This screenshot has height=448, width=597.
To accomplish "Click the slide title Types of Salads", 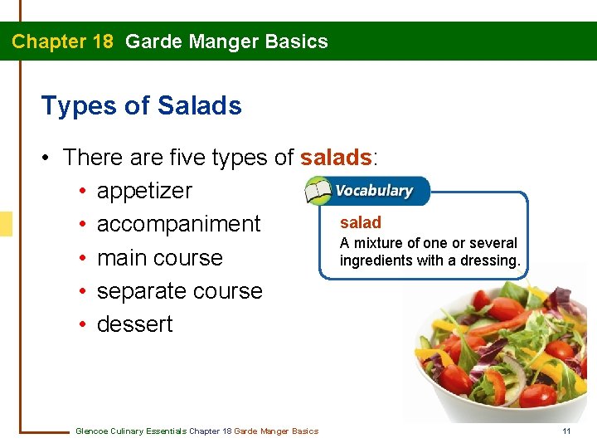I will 141,106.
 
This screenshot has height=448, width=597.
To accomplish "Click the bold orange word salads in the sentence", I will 337,158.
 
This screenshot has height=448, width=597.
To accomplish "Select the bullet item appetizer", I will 144,191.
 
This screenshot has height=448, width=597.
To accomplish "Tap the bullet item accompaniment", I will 178,224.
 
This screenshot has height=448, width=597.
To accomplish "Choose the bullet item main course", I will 159,258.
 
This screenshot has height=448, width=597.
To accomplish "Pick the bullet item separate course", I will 179,291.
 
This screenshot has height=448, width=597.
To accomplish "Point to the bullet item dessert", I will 134,324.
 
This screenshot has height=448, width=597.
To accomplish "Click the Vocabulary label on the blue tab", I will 373,191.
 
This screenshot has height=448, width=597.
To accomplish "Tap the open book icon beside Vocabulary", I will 318,192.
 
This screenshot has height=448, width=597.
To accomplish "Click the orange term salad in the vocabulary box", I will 361,222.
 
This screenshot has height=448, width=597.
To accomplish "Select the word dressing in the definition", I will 492,261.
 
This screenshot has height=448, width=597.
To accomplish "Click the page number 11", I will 566,431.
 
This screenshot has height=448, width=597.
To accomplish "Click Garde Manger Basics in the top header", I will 226,41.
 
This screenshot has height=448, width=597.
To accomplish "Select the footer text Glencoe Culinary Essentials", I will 131,431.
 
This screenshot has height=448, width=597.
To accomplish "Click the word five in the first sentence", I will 190,158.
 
